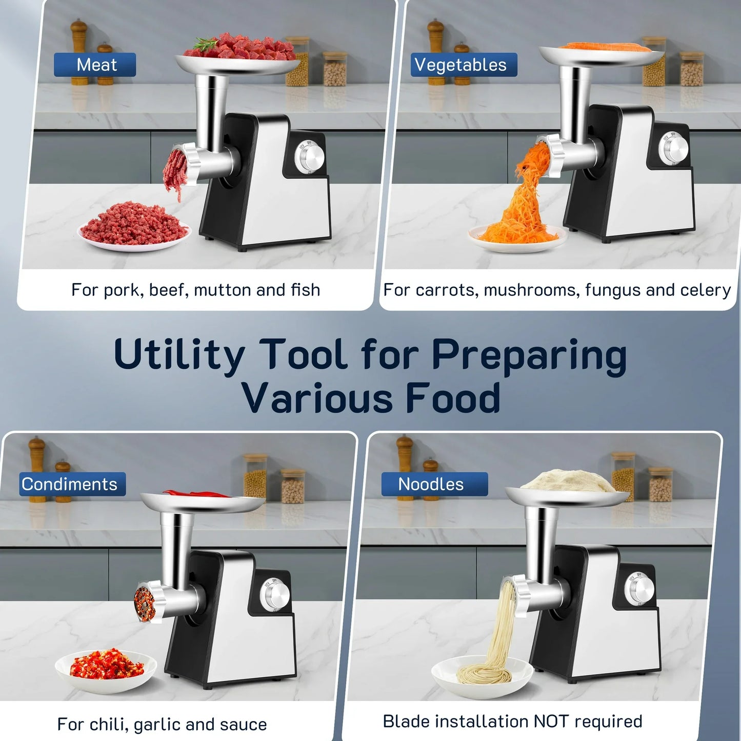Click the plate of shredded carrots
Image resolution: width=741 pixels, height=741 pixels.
[518, 237]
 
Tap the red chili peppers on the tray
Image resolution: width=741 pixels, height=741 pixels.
[197, 494]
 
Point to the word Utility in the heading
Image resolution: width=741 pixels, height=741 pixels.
[179, 355]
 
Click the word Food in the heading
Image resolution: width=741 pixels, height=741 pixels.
[453, 398]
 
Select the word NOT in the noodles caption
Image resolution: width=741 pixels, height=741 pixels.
[552, 721]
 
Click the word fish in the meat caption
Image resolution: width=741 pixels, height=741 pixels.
[305, 290]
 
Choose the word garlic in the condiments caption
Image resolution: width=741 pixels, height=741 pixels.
[157, 724]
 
